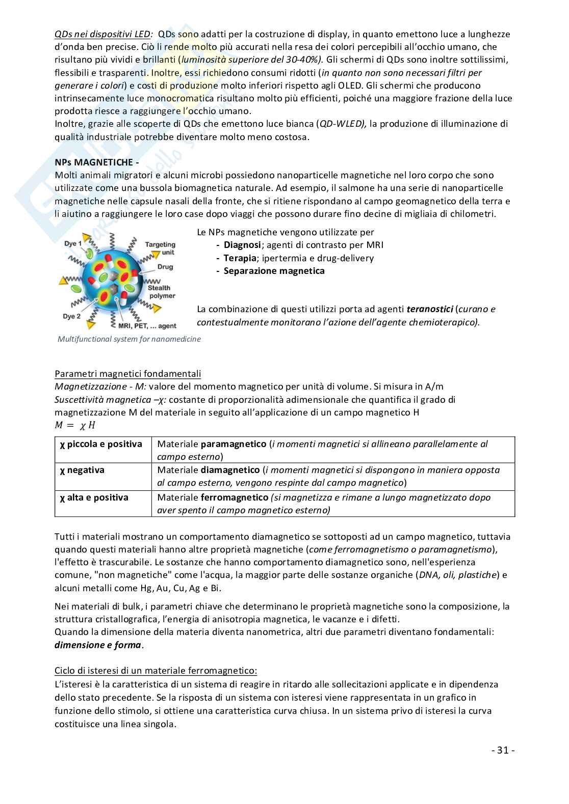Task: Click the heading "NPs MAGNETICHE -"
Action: (x=97, y=162)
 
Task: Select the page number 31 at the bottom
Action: (x=503, y=750)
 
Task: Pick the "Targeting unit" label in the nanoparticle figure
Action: (x=160, y=248)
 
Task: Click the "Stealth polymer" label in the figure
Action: (x=161, y=292)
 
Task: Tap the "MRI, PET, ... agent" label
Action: (x=147, y=326)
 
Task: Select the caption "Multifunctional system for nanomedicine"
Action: (x=129, y=339)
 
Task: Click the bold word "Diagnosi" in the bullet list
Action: (x=242, y=245)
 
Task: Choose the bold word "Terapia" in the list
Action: (x=240, y=258)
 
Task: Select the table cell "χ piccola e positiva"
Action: (x=101, y=444)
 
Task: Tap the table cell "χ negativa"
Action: (x=82, y=470)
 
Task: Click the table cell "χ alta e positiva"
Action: (x=94, y=497)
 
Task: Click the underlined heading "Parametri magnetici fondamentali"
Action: (x=127, y=374)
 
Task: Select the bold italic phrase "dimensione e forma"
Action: (x=98, y=645)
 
